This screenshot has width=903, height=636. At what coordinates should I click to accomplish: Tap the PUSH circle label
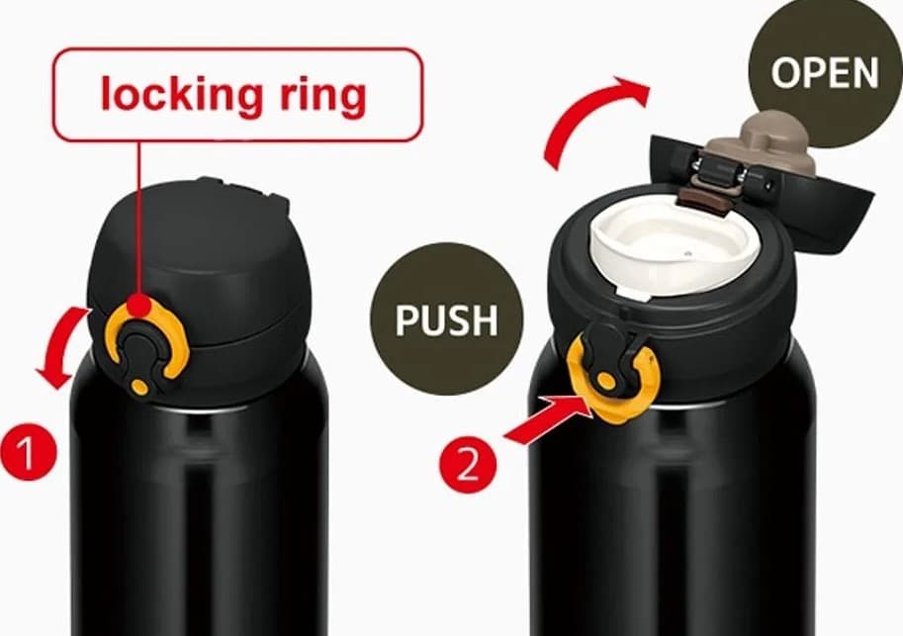[446, 319]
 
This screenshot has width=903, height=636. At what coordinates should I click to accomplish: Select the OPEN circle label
[825, 72]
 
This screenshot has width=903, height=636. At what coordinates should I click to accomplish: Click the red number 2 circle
[468, 464]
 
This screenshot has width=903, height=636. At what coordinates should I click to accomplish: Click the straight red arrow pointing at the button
[548, 421]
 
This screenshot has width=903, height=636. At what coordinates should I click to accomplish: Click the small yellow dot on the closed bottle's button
[139, 387]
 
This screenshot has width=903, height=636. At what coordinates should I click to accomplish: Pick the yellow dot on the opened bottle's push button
[605, 380]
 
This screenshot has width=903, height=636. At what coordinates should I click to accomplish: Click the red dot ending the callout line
[139, 304]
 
